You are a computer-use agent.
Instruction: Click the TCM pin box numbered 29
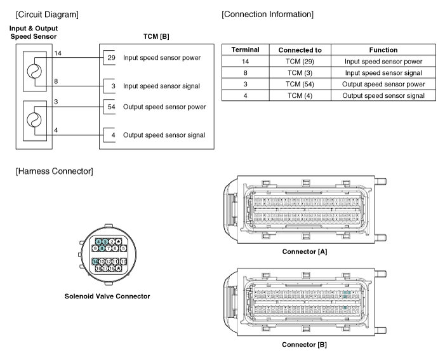coord(110,58)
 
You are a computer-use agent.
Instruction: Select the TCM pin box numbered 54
coord(110,107)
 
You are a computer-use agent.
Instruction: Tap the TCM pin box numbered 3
coord(110,86)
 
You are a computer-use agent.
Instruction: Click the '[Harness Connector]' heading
coord(49,171)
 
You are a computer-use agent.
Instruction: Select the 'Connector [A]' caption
coord(304,252)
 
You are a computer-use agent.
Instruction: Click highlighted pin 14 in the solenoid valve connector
coord(95,262)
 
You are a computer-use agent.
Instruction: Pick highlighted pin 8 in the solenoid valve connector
coord(102,248)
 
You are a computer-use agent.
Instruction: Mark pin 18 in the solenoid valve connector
coord(99,269)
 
